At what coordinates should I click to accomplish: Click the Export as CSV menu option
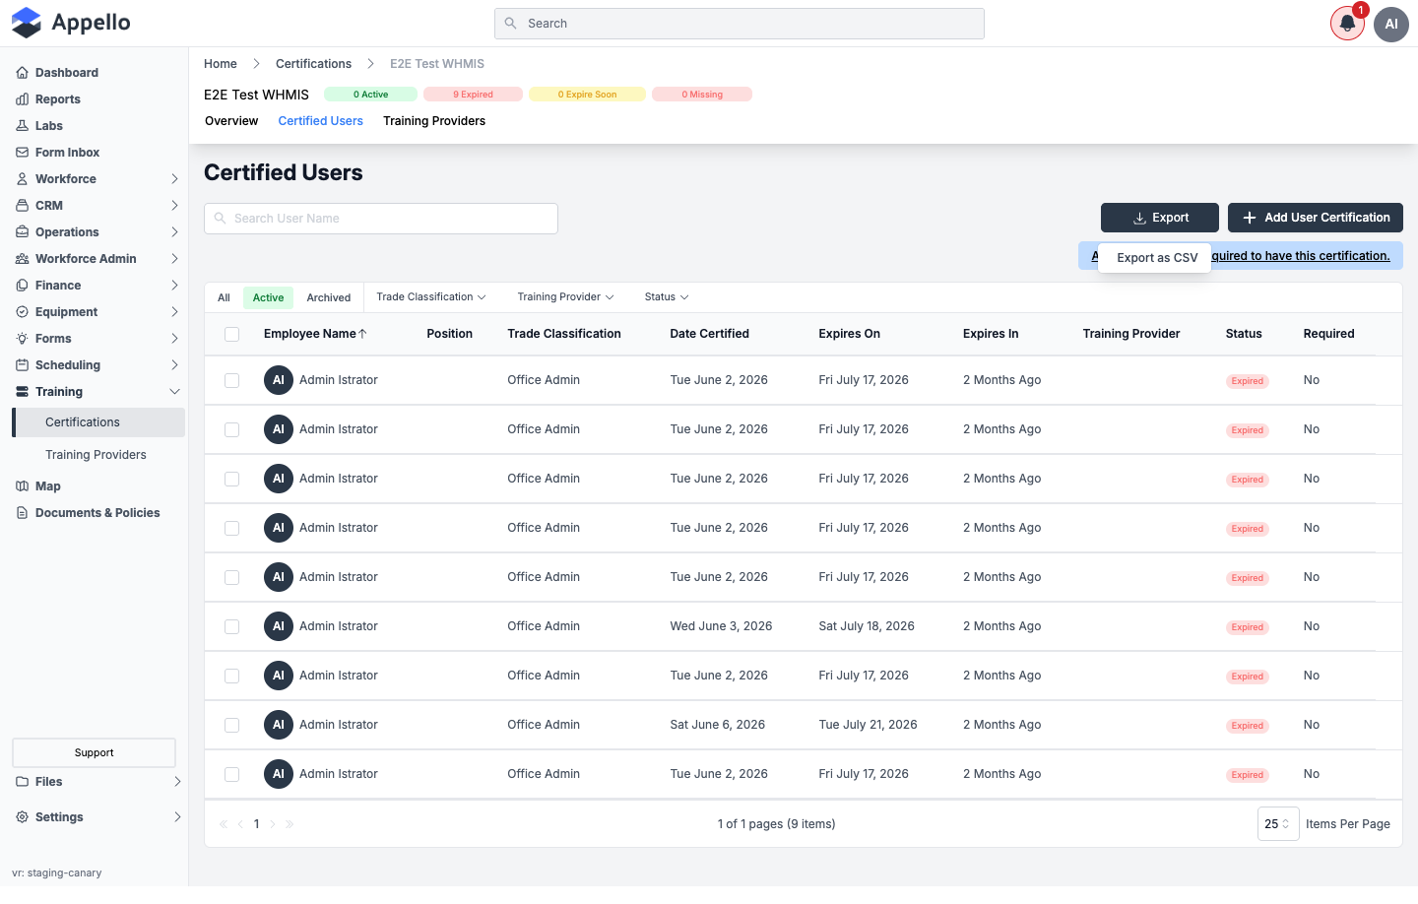pyautogui.click(x=1156, y=258)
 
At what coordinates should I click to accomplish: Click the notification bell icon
pyautogui.click(x=1346, y=24)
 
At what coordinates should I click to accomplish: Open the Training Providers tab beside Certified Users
pyautogui.click(x=433, y=121)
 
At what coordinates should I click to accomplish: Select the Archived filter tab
pyautogui.click(x=328, y=297)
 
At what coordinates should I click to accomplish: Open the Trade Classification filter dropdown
pyautogui.click(x=430, y=297)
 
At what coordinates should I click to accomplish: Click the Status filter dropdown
pyautogui.click(x=666, y=297)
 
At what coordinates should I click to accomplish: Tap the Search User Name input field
pyautogui.click(x=380, y=219)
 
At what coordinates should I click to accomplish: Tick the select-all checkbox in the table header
pyautogui.click(x=231, y=334)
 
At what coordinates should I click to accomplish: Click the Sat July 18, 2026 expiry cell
pyautogui.click(x=866, y=626)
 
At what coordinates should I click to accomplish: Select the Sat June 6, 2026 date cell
pyautogui.click(x=717, y=724)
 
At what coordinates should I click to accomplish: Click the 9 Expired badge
pyautogui.click(x=473, y=95)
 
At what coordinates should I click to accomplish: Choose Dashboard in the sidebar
pyautogui.click(x=67, y=73)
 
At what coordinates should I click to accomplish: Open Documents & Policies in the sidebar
pyautogui.click(x=97, y=513)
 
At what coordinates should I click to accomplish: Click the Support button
pyautogui.click(x=94, y=752)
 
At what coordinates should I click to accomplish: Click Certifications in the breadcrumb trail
pyautogui.click(x=313, y=64)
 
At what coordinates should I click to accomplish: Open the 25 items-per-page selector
pyautogui.click(x=1277, y=823)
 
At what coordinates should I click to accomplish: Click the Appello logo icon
pyautogui.click(x=27, y=23)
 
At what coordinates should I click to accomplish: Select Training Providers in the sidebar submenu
pyautogui.click(x=96, y=455)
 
